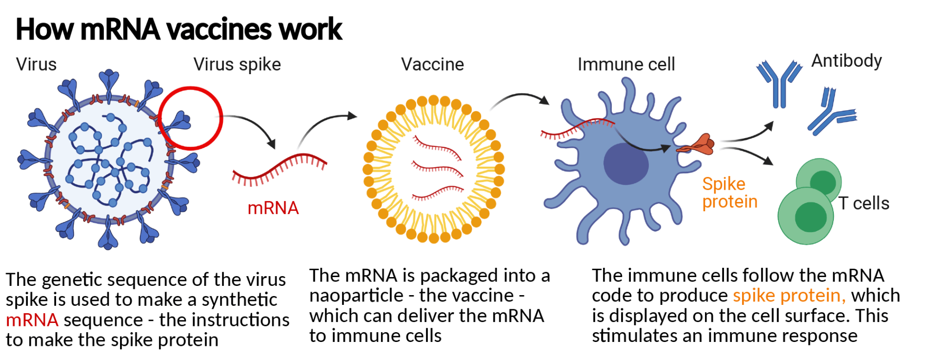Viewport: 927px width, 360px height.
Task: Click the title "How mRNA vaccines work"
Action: click(179, 29)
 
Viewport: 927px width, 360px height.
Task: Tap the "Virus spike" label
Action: click(237, 64)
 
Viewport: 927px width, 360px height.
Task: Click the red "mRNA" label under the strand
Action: click(273, 208)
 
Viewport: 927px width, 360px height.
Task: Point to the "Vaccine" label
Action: click(432, 64)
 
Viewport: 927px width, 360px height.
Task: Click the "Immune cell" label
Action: click(626, 64)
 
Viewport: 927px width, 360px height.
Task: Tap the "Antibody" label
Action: click(846, 61)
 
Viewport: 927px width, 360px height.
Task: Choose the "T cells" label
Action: click(864, 203)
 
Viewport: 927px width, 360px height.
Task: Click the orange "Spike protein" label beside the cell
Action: click(729, 193)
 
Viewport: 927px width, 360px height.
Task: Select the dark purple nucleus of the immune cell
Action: click(626, 164)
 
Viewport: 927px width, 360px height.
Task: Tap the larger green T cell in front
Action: click(806, 216)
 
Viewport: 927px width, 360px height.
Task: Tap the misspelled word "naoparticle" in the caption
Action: click(356, 296)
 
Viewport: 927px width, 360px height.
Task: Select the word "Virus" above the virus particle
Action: click(36, 64)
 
